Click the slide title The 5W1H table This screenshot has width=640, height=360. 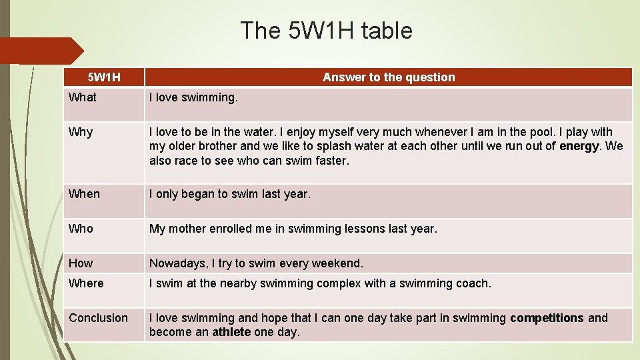coord(326,31)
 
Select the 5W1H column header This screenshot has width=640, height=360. coord(104,77)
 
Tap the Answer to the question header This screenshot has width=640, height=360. coord(389,77)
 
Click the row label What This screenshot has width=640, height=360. coord(83,97)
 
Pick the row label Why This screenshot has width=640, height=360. coord(81,132)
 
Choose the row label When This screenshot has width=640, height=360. coord(84,194)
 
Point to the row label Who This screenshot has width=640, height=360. coord(81,229)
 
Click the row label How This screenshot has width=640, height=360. coord(81,263)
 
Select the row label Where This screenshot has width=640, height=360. coord(86,283)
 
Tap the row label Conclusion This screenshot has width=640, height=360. coord(98,318)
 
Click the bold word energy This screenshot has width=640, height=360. coord(579,146)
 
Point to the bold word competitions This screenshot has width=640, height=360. coord(547,318)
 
